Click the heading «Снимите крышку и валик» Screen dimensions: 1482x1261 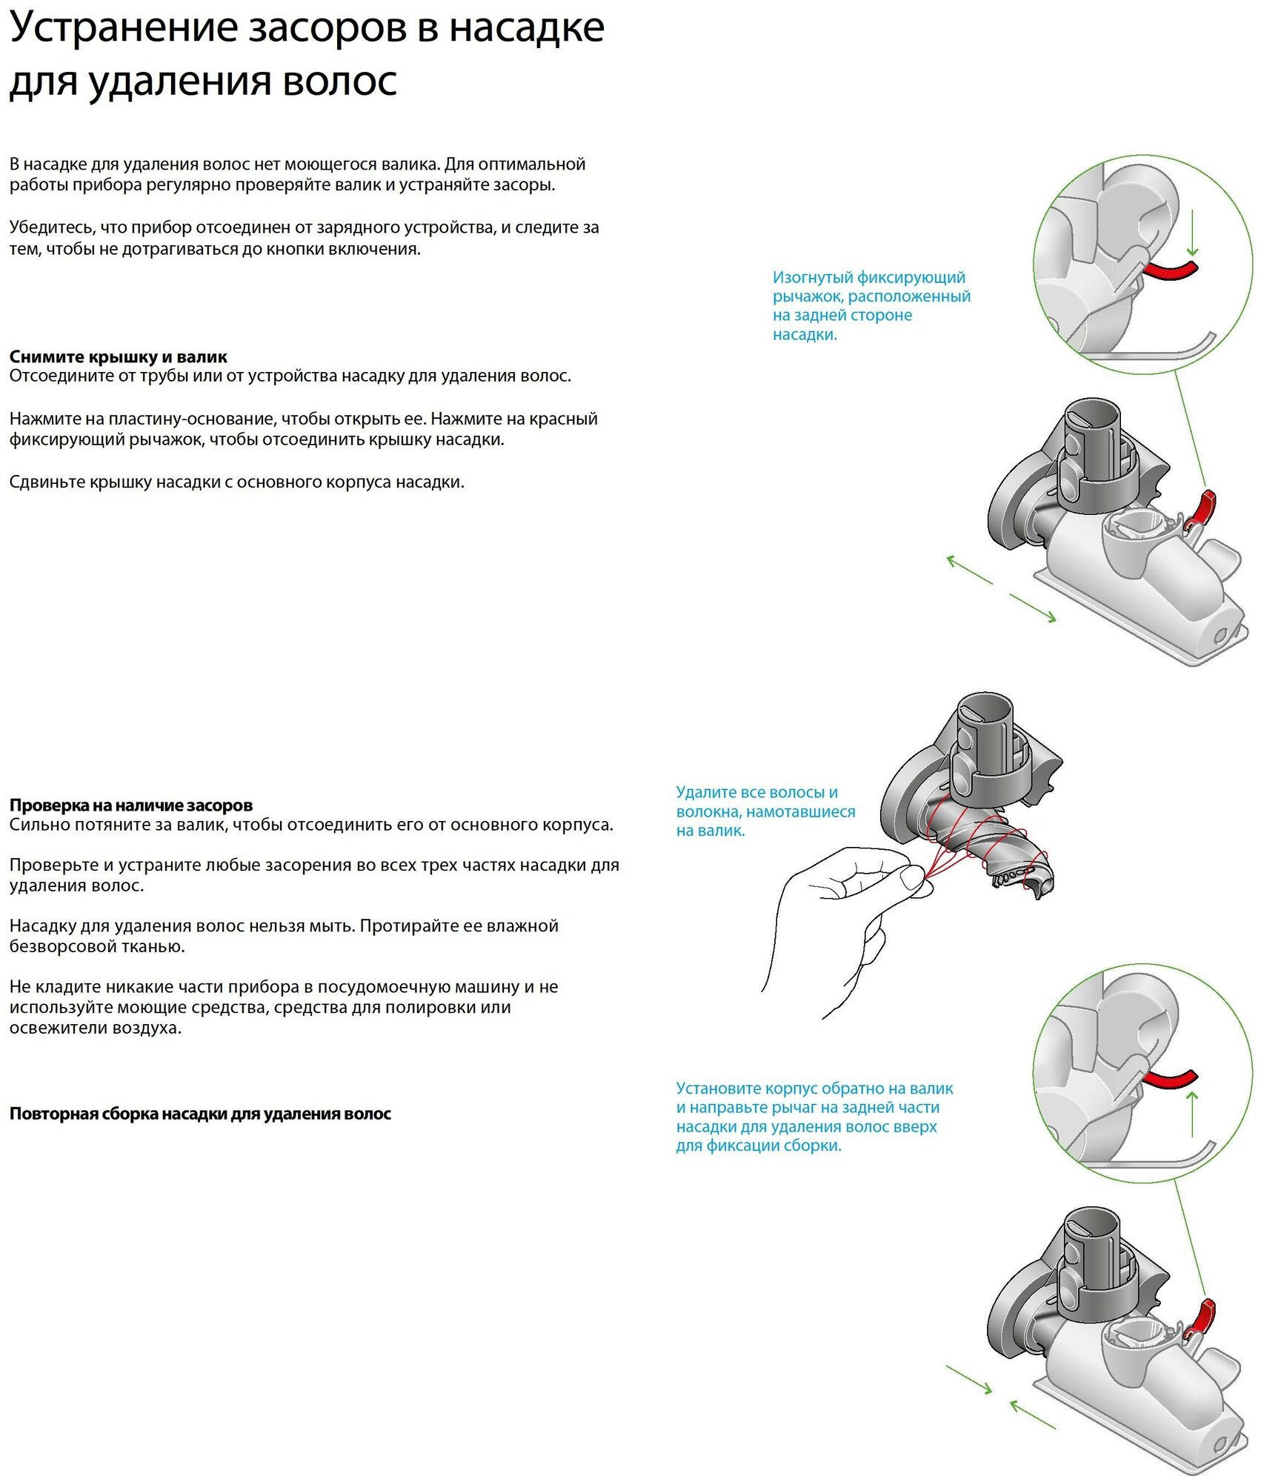coord(119,357)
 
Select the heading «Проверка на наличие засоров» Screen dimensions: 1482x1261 coord(131,805)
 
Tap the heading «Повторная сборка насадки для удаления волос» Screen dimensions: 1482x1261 coord(200,1114)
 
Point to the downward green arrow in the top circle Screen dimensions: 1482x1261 coord(1192,233)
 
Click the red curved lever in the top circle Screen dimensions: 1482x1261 coord(1171,270)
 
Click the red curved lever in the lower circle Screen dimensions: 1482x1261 coord(1171,1079)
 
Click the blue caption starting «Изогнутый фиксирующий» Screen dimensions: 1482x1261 coord(871,305)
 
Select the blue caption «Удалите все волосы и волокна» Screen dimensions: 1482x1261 coord(765,811)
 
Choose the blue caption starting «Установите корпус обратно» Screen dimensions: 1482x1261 coord(814,1117)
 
